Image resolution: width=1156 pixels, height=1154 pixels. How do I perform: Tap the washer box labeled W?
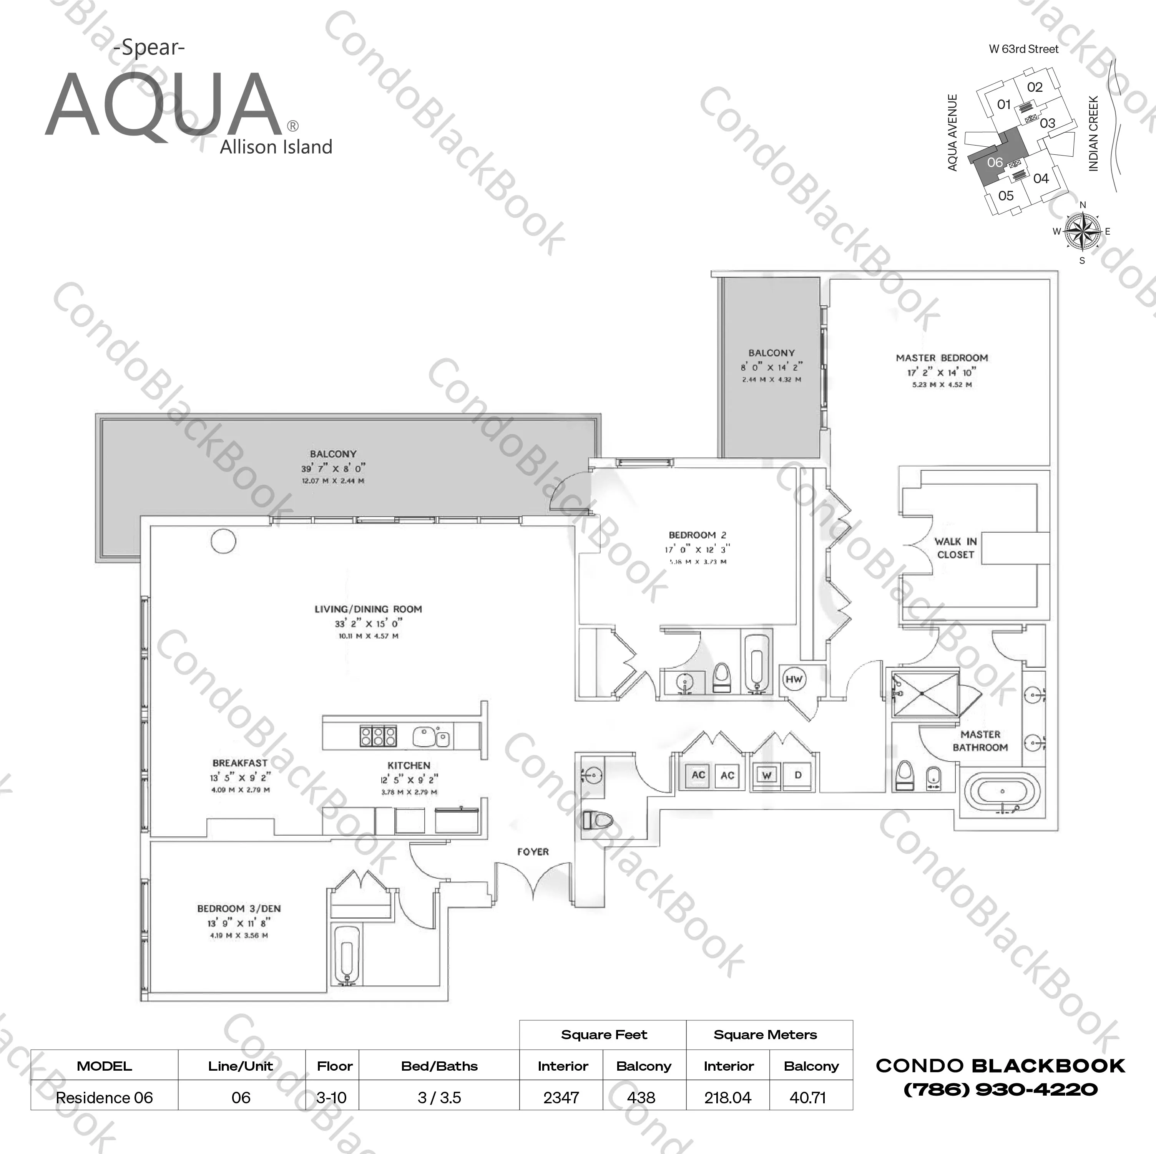[x=766, y=775]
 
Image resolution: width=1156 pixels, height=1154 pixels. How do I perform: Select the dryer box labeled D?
[x=797, y=775]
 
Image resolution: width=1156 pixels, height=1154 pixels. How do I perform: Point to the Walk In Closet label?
[x=955, y=548]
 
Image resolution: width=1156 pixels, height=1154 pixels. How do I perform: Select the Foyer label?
[x=533, y=851]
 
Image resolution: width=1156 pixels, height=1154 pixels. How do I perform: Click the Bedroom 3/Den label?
[x=239, y=908]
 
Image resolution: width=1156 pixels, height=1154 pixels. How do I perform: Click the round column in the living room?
[x=223, y=541]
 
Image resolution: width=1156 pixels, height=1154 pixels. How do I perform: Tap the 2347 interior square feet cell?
[x=561, y=1098]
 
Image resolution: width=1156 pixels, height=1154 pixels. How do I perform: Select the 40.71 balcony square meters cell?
[x=808, y=1098]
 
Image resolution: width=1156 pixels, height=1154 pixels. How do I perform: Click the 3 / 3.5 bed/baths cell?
[x=439, y=1098]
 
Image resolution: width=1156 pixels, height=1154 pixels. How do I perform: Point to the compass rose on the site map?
[x=1082, y=232]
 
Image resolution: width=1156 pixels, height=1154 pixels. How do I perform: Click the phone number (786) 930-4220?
[x=1000, y=1089]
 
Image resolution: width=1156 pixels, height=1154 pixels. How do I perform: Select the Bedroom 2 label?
[x=697, y=535]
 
